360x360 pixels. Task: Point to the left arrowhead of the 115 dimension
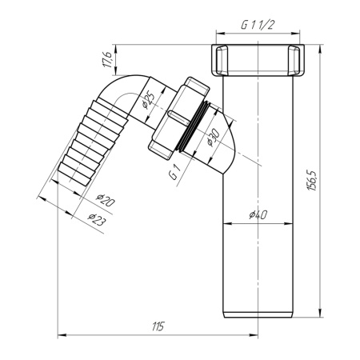[x=61, y=336]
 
